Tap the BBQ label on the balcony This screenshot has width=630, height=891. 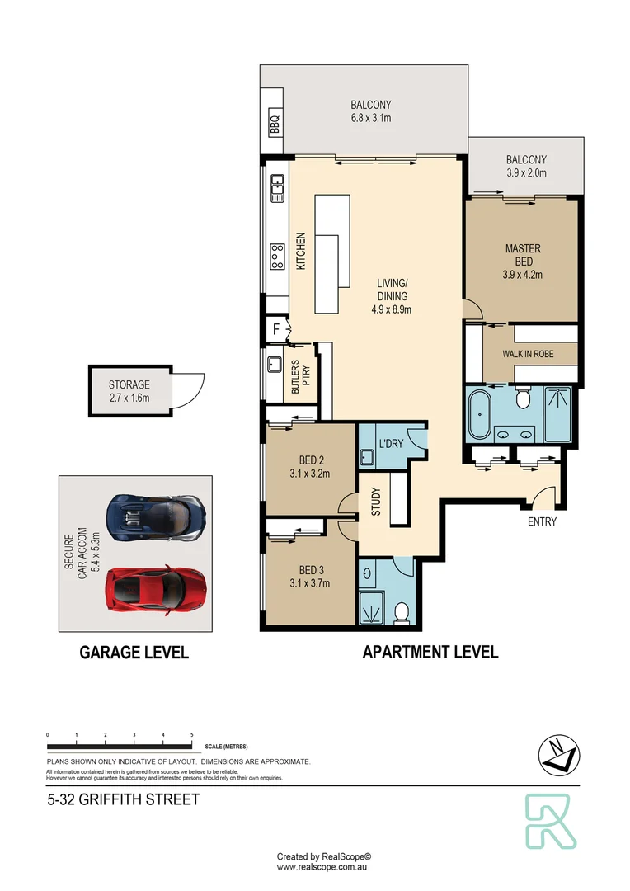pyautogui.click(x=275, y=125)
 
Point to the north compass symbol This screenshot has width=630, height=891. pyautogui.click(x=557, y=754)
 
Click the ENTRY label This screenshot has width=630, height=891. pyautogui.click(x=542, y=522)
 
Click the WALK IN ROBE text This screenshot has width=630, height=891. pyautogui.click(x=528, y=354)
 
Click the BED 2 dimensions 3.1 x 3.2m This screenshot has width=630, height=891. pyautogui.click(x=309, y=474)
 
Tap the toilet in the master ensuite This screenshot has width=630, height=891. pyautogui.click(x=522, y=400)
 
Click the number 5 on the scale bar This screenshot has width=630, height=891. pyautogui.click(x=192, y=733)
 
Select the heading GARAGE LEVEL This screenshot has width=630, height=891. pyautogui.click(x=134, y=653)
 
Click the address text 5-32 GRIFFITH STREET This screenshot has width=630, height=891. pyautogui.click(x=123, y=799)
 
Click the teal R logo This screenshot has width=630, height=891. pyautogui.click(x=550, y=823)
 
